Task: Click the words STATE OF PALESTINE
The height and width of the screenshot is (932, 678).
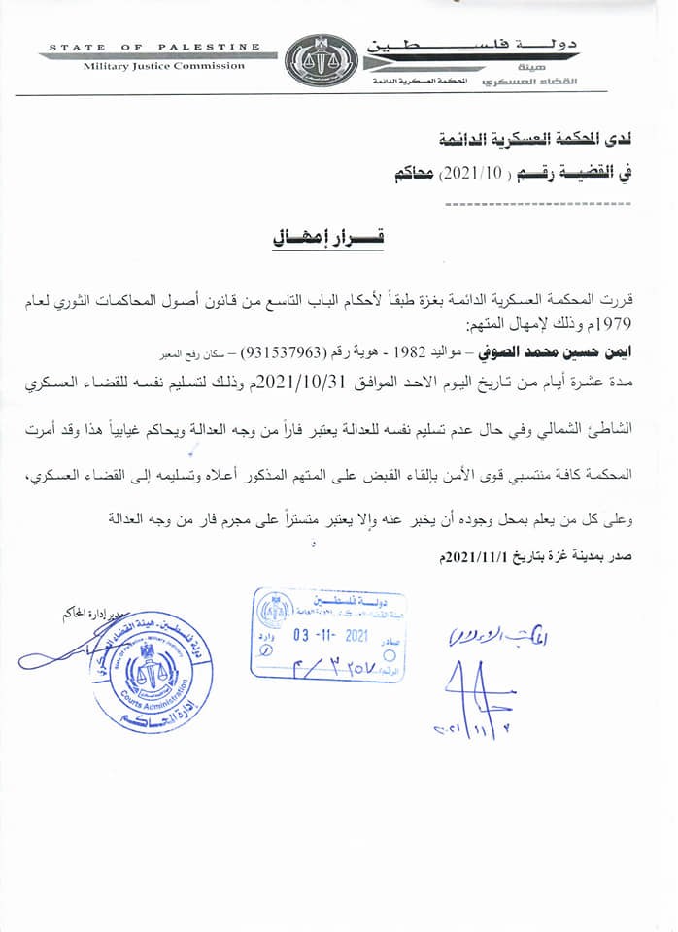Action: pyautogui.click(x=154, y=47)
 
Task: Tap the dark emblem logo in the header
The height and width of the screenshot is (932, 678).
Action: pyautogui.click(x=320, y=61)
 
